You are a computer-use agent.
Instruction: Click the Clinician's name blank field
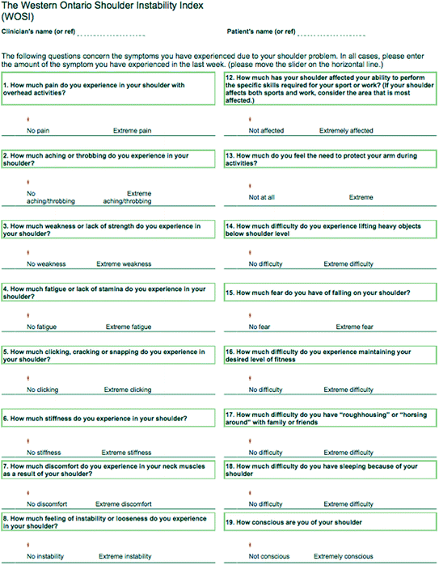click(112, 36)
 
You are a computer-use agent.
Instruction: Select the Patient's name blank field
click(331, 36)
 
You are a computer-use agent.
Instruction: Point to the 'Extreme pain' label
click(132, 130)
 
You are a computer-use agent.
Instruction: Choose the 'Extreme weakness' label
click(124, 264)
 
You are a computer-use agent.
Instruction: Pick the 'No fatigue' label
click(42, 327)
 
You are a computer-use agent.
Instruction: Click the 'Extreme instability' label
click(125, 556)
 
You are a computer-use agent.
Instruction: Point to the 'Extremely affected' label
click(346, 130)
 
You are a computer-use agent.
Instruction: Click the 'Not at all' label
click(264, 197)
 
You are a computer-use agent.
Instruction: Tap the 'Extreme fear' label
click(355, 327)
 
